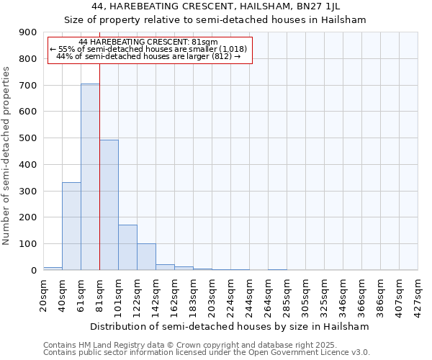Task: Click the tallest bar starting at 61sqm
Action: pos(90,177)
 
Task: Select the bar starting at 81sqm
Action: pos(109,205)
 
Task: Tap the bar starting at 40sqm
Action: pos(71,226)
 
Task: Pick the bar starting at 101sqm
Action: pos(127,248)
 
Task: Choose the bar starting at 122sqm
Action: pos(146,257)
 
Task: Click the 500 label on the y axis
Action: pos(28,138)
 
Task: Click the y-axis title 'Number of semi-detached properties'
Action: pos(7,156)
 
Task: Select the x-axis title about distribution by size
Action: pos(230,326)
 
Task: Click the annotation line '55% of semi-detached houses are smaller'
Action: pos(149,49)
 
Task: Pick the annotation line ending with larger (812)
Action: pos(149,56)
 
